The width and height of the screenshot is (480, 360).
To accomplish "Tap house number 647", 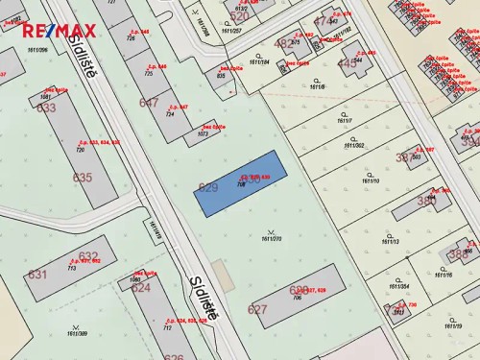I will (149, 103).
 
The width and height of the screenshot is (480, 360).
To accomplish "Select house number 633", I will (46, 108).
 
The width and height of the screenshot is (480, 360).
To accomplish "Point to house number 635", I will (83, 178).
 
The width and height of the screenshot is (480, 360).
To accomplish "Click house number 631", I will (36, 275).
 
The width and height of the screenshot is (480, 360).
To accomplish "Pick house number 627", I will (257, 309).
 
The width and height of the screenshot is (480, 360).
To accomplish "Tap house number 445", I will (347, 63).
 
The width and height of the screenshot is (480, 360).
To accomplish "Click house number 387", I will (407, 156).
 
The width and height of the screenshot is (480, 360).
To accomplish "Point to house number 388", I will (459, 253).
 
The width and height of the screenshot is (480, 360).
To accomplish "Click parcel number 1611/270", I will (271, 238).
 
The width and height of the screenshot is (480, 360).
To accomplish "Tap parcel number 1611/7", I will (345, 121).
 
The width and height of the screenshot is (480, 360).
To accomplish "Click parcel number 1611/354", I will (399, 286).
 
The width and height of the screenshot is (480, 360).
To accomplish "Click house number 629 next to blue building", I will (208, 188).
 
